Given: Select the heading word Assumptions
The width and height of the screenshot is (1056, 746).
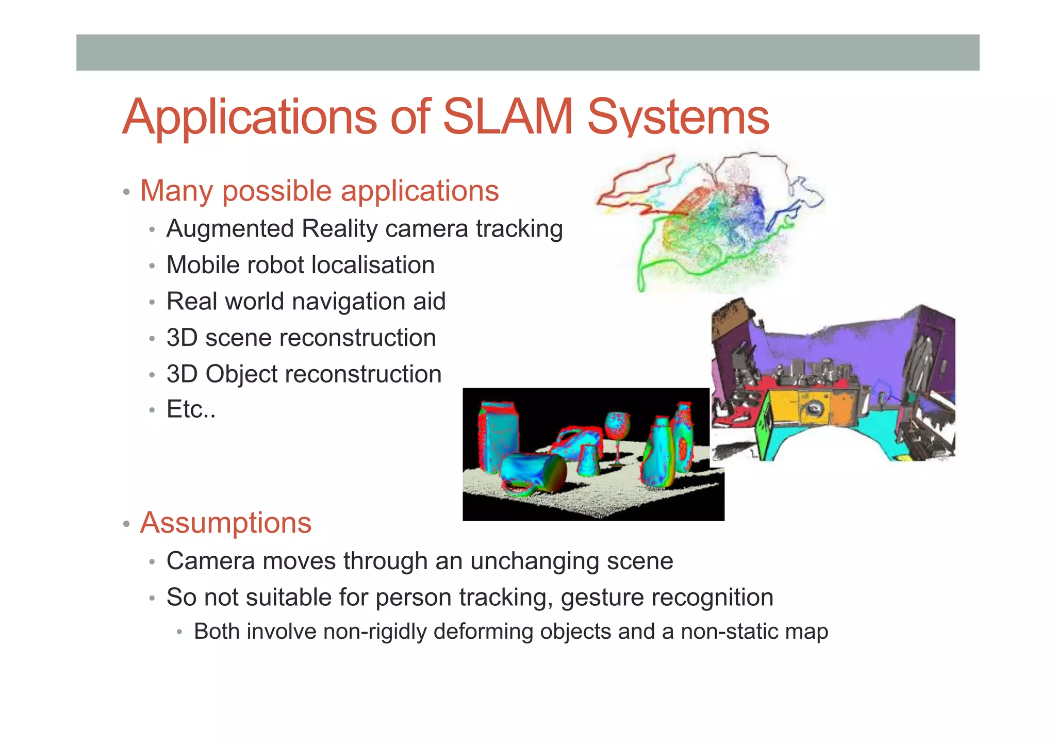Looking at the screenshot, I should [x=226, y=523].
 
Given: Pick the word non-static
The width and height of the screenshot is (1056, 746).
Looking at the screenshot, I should [x=729, y=632].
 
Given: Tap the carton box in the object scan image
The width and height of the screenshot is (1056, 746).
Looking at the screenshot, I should [x=498, y=433].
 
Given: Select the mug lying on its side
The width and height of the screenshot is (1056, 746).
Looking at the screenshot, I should [x=534, y=472].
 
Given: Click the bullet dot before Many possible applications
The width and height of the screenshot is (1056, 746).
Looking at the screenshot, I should [x=126, y=193].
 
